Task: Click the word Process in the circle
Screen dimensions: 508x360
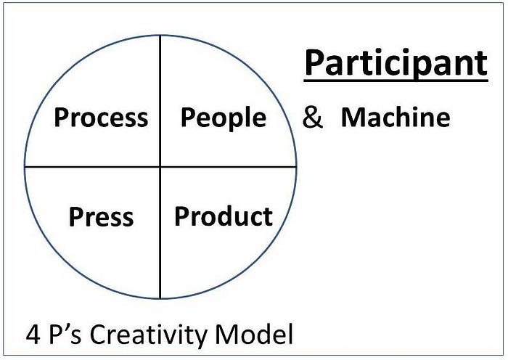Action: [x=101, y=118]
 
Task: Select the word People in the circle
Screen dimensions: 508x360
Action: [x=223, y=118]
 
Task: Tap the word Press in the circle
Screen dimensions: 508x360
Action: [x=101, y=217]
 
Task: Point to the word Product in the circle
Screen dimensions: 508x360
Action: [x=224, y=216]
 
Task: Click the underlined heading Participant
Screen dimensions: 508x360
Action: [x=396, y=64]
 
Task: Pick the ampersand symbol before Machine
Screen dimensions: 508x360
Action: [x=313, y=118]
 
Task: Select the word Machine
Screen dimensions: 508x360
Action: [x=396, y=118]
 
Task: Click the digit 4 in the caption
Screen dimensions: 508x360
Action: [x=33, y=335]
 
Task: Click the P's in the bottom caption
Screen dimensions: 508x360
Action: [x=65, y=335]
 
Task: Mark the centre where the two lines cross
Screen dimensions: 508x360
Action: [x=160, y=167]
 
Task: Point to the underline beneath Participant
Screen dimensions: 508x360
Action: [x=396, y=81]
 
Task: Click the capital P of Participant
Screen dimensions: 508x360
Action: [x=314, y=63]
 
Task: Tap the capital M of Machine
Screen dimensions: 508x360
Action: [x=353, y=118]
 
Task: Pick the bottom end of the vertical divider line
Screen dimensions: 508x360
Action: [x=160, y=298]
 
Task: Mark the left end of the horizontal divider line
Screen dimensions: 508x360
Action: [x=25, y=167]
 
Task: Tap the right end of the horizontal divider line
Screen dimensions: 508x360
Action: [x=296, y=167]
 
